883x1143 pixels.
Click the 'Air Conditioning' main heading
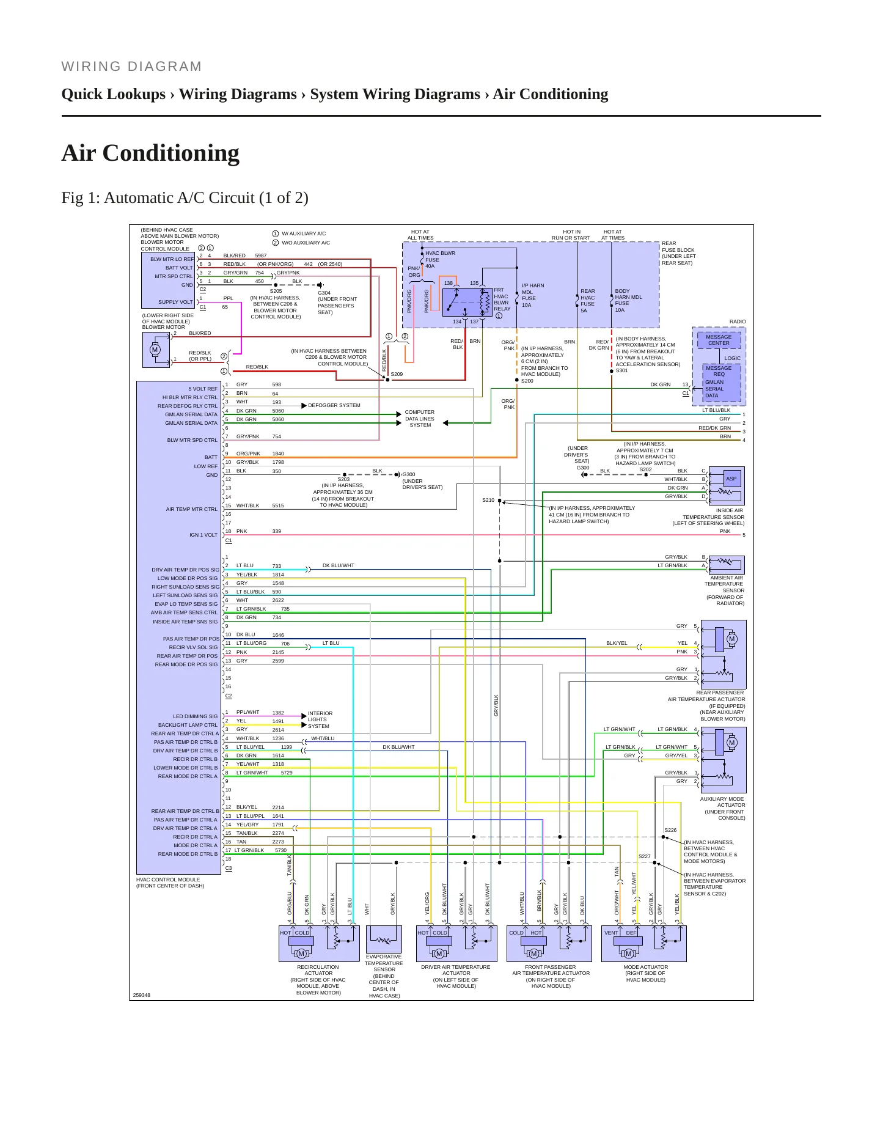coord(150,153)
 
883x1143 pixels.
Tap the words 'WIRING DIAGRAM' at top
coord(131,67)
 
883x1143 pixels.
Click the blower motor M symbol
coord(155,350)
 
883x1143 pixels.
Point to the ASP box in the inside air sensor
coord(731,479)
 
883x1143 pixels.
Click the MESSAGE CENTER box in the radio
coord(719,340)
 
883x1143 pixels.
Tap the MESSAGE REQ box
coord(719,371)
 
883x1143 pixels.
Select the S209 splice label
coord(397,374)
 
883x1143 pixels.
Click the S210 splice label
coord(488,500)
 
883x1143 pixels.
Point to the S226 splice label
coord(670,830)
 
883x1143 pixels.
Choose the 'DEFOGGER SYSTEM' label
coord(334,405)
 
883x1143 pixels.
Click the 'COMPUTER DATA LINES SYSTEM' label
coord(420,419)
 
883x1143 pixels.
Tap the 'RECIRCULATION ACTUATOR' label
coord(318,970)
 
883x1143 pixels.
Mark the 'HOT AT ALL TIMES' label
coord(420,235)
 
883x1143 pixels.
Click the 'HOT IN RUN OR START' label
coord(571,235)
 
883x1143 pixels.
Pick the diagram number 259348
coord(142,995)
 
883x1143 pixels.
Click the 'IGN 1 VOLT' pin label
coord(203,535)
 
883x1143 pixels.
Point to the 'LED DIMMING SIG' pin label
coord(195,716)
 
